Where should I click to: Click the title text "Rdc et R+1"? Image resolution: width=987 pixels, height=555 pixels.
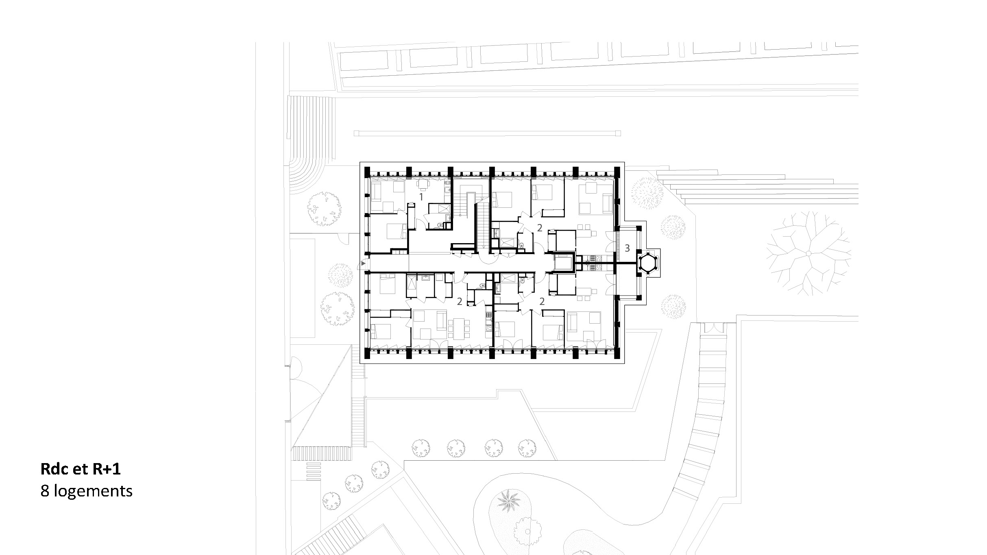click(x=81, y=470)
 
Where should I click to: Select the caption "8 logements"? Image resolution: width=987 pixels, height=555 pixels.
click(x=87, y=491)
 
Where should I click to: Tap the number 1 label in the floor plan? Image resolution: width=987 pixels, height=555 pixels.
click(x=421, y=197)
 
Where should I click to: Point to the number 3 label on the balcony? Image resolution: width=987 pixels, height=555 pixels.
click(x=627, y=248)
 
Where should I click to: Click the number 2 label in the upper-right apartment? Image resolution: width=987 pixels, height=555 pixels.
click(x=540, y=228)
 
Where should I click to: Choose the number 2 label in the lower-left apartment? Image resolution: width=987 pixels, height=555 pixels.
click(x=460, y=301)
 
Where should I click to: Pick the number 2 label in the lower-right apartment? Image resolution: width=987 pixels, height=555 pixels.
click(x=542, y=301)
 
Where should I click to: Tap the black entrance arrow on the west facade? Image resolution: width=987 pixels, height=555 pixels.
click(x=363, y=263)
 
